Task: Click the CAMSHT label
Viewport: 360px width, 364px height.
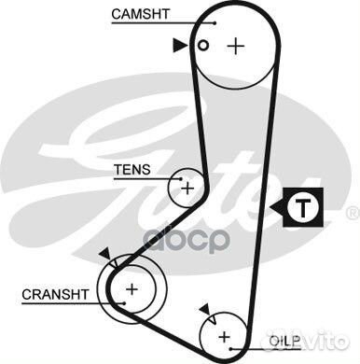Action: [x=140, y=14]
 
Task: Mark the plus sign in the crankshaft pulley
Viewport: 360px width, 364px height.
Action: [x=132, y=289]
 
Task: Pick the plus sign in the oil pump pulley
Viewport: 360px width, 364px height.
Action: [x=224, y=336]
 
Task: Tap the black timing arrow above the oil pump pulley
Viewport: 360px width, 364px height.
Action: [x=202, y=309]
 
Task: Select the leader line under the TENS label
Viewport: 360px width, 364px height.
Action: [x=140, y=179]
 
